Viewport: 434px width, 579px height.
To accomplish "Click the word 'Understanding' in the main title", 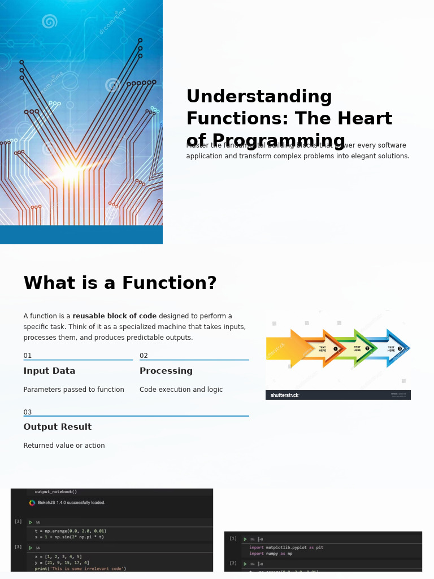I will click(x=259, y=97).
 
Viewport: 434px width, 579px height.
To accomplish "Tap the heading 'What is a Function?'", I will click(x=120, y=283).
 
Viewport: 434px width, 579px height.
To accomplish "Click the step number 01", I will click(x=28, y=356).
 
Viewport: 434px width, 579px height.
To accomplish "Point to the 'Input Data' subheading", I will click(x=49, y=371).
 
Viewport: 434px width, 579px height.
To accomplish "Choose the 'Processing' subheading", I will click(x=166, y=371).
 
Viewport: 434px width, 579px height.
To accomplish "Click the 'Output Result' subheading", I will click(x=57, y=427).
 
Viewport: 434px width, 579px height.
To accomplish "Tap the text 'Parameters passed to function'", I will click(x=73, y=390).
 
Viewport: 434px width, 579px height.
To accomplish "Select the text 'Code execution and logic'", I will click(x=181, y=390).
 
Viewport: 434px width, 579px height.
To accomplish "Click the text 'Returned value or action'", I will click(x=64, y=446).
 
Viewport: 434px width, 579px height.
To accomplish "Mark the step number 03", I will click(x=28, y=412).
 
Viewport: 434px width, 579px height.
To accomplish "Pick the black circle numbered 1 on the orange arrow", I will click(x=336, y=349).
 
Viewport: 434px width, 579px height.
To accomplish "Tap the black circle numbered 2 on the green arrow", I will click(x=367, y=348).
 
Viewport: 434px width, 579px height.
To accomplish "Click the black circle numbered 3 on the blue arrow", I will click(x=400, y=348).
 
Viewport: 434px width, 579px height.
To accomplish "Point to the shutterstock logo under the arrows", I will click(x=284, y=395).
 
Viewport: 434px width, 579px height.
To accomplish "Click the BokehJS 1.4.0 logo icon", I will click(x=32, y=503).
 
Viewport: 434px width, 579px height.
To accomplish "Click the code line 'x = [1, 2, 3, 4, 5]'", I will click(x=58, y=556).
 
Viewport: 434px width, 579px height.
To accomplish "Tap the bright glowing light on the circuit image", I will click(x=70, y=171).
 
